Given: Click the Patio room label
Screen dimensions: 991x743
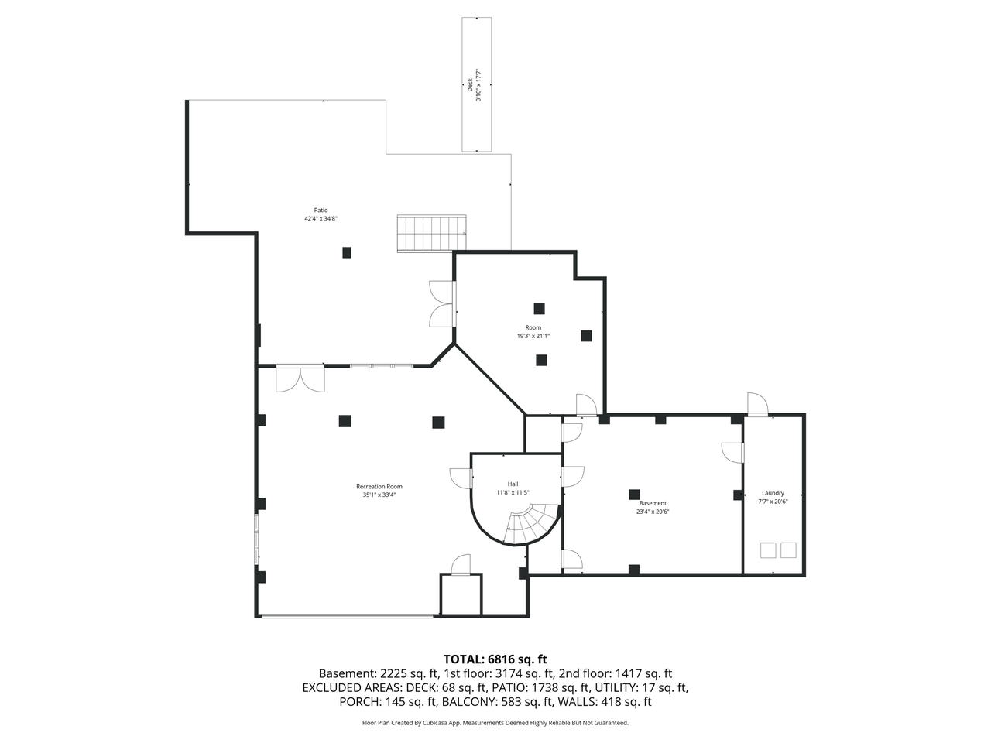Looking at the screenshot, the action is click(321, 211).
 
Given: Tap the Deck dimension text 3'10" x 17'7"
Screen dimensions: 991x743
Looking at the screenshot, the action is click(478, 85).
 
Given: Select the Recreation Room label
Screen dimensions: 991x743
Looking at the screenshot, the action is click(379, 486).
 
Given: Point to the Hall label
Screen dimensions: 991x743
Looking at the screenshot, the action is click(513, 484).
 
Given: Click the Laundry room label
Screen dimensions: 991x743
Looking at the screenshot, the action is click(773, 493).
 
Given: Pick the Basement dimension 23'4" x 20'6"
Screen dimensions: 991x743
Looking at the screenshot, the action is click(653, 512).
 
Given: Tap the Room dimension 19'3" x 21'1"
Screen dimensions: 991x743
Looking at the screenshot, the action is click(533, 336).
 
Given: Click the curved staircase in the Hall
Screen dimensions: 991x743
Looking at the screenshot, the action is click(532, 525).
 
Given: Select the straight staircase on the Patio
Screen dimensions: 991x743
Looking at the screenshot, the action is click(431, 233).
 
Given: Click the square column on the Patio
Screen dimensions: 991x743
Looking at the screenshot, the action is click(346, 252).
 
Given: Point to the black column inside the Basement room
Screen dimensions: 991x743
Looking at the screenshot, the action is click(634, 495).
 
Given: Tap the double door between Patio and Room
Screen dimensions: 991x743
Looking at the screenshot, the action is click(442, 303).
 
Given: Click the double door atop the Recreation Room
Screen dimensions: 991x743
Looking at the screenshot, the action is click(300, 378).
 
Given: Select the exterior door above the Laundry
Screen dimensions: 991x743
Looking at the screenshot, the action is click(757, 404).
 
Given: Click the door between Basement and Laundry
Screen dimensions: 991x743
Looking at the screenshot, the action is click(732, 453).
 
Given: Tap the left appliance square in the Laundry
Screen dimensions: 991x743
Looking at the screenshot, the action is click(768, 550).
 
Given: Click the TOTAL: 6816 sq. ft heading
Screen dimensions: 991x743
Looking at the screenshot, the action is click(495, 659).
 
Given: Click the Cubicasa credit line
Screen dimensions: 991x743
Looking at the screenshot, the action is click(495, 723).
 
